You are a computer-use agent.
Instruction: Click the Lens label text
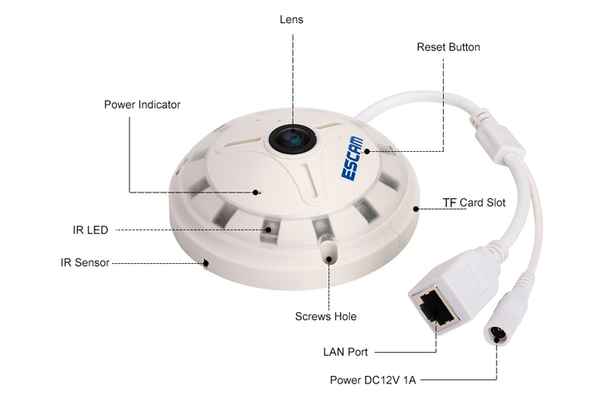292,20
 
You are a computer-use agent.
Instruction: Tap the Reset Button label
449,47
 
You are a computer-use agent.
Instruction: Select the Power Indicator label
142,105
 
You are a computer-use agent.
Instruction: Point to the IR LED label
90,230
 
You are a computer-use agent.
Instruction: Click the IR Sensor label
85,262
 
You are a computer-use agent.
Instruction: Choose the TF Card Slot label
474,202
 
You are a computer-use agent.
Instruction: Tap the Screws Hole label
326,316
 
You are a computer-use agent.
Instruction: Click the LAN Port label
346,352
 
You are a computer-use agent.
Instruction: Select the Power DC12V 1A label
372,380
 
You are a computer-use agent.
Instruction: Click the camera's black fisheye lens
293,139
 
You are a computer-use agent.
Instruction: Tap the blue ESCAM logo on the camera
352,159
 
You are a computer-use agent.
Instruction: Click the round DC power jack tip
497,334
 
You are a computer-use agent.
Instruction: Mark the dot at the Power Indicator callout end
255,193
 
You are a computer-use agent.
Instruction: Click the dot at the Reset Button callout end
367,151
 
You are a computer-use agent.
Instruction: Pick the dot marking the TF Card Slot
416,209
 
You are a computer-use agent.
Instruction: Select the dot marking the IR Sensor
206,263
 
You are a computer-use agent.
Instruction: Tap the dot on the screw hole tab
329,259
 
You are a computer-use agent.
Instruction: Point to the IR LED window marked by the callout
270,228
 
